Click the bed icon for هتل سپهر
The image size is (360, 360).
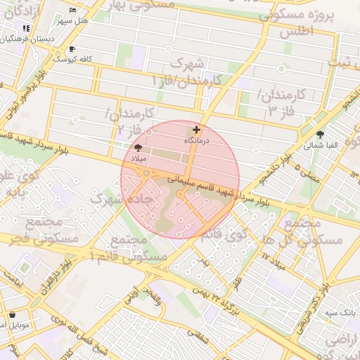coord(73,11)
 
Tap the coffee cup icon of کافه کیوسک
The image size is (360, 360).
coord(72,49)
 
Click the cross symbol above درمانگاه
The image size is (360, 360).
coord(195,129)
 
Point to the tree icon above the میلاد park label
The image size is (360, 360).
coord(138,148)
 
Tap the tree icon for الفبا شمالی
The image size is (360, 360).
coord(321,134)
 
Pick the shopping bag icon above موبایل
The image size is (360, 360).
coord(12,314)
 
